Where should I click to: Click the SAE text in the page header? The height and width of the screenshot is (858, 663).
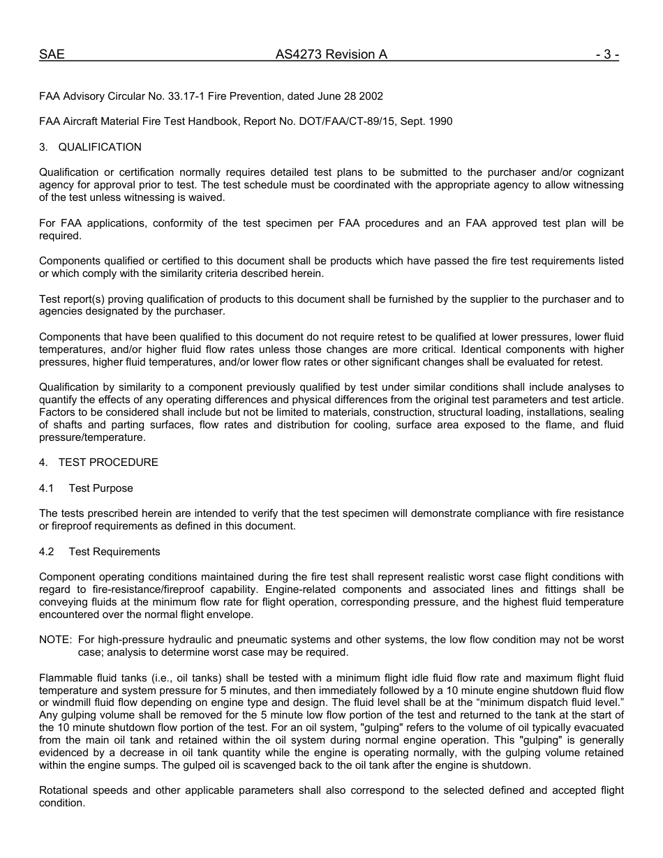(52, 55)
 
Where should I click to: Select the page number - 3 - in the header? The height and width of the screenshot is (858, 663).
(607, 55)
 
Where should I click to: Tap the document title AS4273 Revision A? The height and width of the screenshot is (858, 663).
(331, 55)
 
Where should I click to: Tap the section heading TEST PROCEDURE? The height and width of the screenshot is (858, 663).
(107, 462)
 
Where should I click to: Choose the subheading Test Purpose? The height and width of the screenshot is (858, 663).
(100, 488)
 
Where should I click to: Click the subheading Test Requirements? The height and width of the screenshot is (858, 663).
(114, 552)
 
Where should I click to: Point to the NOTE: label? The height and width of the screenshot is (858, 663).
(55, 640)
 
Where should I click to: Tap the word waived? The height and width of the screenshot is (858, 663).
(204, 197)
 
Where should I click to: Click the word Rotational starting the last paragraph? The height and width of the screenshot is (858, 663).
(64, 791)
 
